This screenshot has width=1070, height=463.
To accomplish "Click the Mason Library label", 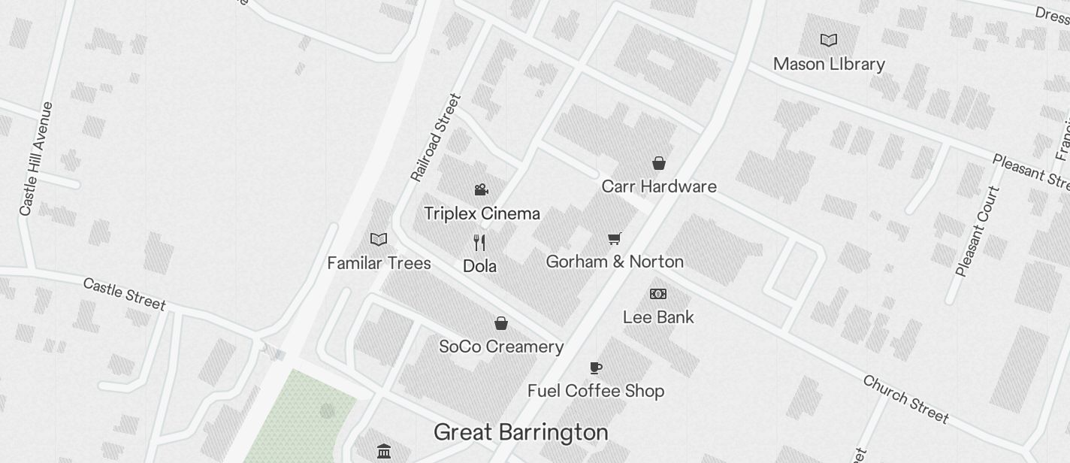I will tap(829, 64).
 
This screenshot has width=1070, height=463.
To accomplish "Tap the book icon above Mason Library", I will tap(829, 40).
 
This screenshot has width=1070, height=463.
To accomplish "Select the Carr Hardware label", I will tap(659, 186).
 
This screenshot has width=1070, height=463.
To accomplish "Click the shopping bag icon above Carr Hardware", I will tap(659, 163).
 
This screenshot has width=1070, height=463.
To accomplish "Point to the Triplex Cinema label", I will tap(482, 213).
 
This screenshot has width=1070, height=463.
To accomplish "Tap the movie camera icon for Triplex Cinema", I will tap(482, 189).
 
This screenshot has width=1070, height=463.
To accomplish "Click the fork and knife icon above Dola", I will tap(479, 242).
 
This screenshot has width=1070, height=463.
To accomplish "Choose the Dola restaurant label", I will tap(479, 266).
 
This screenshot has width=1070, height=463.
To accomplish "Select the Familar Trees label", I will tap(379, 263).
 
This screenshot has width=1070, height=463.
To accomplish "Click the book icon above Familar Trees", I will tap(379, 239).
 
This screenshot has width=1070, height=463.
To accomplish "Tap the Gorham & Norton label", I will tap(615, 262).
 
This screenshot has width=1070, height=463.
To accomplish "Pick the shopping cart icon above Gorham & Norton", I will tap(615, 238).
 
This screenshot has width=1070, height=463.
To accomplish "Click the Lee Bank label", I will tap(658, 317).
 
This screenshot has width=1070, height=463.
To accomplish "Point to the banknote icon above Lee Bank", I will tap(658, 294).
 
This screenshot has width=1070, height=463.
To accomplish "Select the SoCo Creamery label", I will tap(501, 346).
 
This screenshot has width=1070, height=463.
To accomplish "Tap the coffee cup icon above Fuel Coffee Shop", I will tap(596, 368).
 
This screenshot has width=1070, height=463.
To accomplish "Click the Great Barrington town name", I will tap(521, 432).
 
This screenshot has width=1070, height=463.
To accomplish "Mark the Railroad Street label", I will tap(435, 138).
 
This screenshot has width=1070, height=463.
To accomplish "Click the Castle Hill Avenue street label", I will tap(37, 159).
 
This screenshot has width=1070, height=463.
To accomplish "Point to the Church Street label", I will tap(905, 398).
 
